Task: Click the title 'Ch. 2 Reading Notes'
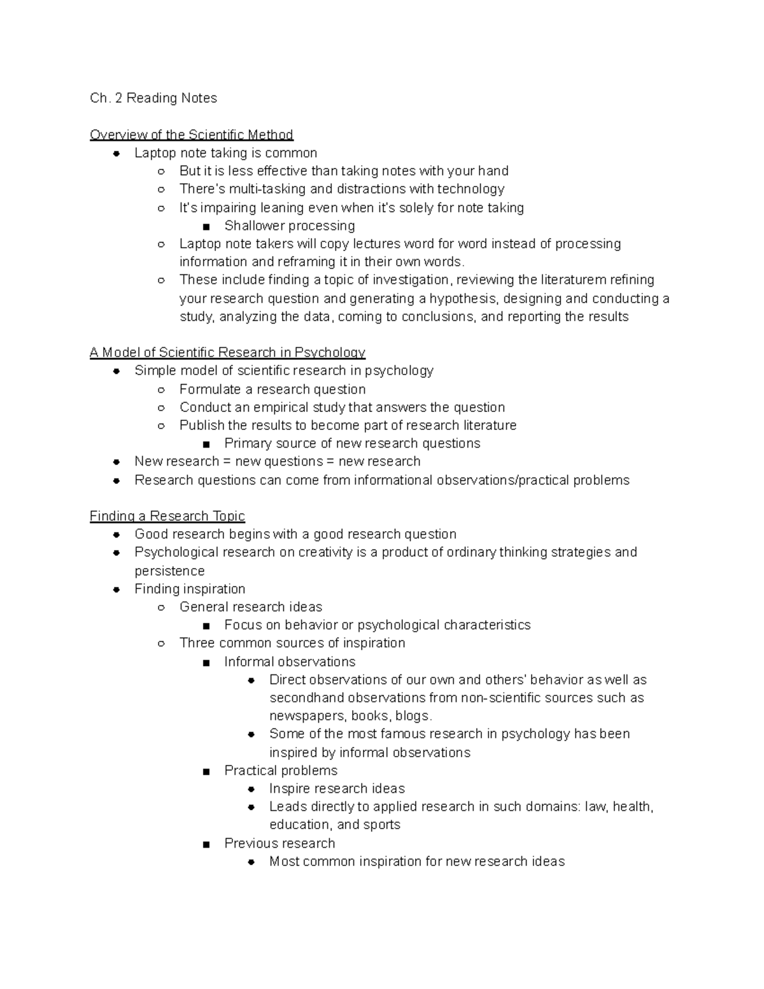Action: pos(153,98)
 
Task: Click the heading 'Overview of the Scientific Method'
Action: pos(191,134)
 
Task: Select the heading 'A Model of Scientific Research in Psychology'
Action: pos(227,352)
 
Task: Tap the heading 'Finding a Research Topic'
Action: pos(167,516)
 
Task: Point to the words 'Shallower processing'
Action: pos(290,225)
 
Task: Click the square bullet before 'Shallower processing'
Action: pos(206,226)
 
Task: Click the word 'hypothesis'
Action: pos(462,299)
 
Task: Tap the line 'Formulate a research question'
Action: pos(272,389)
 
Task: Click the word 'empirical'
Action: pos(280,407)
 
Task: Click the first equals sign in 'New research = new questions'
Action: pos(227,462)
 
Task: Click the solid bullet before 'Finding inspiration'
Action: pos(117,590)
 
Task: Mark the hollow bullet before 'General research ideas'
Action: pos(161,608)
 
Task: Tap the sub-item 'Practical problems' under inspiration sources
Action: pos(281,771)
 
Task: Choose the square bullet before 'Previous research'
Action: pos(206,844)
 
